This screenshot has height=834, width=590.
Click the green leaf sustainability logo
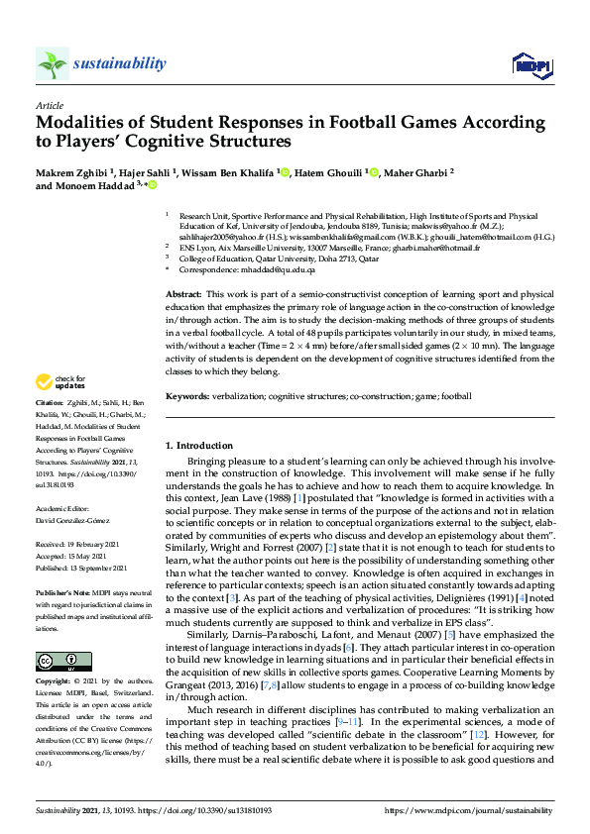pyautogui.click(x=53, y=64)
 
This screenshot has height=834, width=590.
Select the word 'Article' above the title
pyautogui.click(x=50, y=104)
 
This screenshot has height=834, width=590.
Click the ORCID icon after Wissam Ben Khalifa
pyautogui.click(x=285, y=173)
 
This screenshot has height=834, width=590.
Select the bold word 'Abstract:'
pyautogui.click(x=183, y=295)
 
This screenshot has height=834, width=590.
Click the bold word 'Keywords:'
pyautogui.click(x=187, y=395)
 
